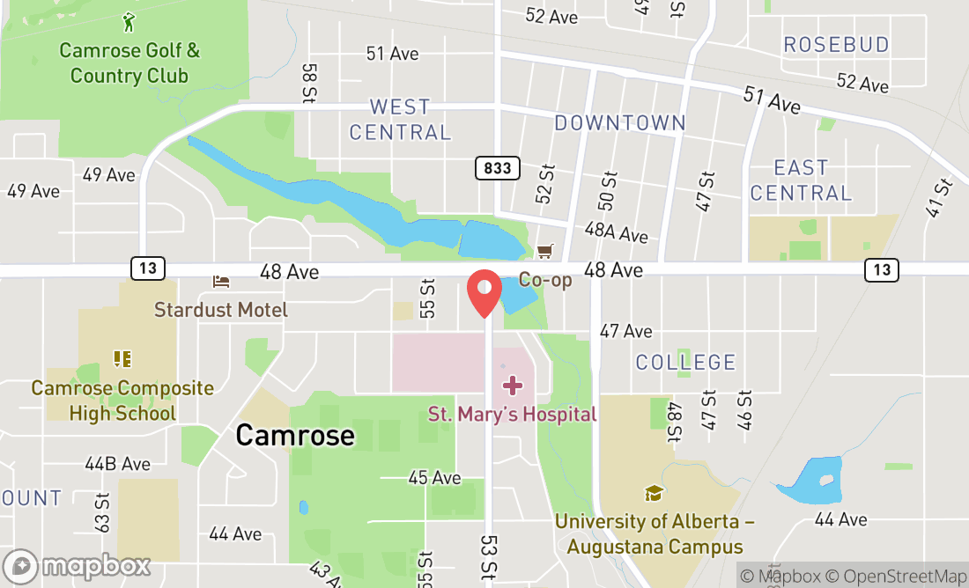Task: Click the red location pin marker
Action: pyautogui.click(x=484, y=293)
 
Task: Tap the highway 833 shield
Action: pyautogui.click(x=498, y=168)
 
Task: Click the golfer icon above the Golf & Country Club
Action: pyautogui.click(x=129, y=21)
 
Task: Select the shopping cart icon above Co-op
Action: pyautogui.click(x=545, y=252)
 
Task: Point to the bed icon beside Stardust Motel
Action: pyautogui.click(x=221, y=282)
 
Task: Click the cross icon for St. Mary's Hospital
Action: pyautogui.click(x=513, y=386)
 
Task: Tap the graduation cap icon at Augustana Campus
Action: pyautogui.click(x=654, y=493)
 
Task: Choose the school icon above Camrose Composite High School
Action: pyautogui.click(x=122, y=358)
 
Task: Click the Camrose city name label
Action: pyautogui.click(x=295, y=435)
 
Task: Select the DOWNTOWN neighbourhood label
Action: pyautogui.click(x=619, y=123)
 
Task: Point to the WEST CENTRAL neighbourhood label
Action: pyautogui.click(x=400, y=120)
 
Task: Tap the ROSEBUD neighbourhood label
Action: pyautogui.click(x=837, y=44)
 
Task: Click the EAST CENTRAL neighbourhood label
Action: pyautogui.click(x=802, y=180)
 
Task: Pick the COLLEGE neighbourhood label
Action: pyautogui.click(x=685, y=362)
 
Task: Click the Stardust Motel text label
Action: pyautogui.click(x=221, y=310)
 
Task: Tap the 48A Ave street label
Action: pyautogui.click(x=616, y=232)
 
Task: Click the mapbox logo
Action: pyautogui.click(x=77, y=565)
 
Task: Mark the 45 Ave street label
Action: pyautogui.click(x=434, y=478)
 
